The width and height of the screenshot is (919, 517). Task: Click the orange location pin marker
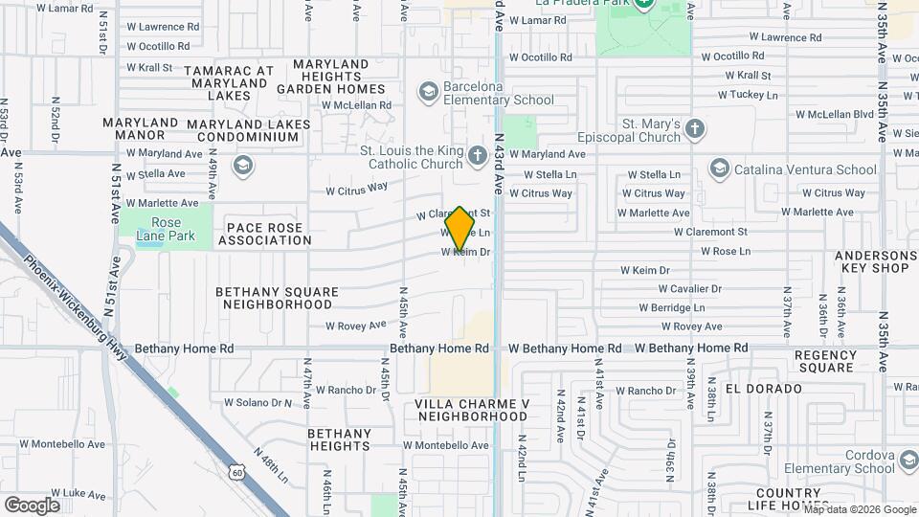pyautogui.click(x=460, y=228)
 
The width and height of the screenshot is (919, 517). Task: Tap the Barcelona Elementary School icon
pyautogui.click(x=428, y=90)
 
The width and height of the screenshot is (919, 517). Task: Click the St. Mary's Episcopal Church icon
pyautogui.click(x=696, y=128)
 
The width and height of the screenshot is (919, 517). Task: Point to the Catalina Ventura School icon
pyautogui.click(x=719, y=169)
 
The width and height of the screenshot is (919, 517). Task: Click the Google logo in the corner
pyautogui.click(x=32, y=505)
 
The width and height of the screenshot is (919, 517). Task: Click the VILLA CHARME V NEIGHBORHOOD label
pyautogui.click(x=472, y=410)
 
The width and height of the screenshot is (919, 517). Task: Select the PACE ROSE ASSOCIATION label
pyautogui.click(x=263, y=234)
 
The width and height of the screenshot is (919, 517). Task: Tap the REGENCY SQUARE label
pyautogui.click(x=825, y=361)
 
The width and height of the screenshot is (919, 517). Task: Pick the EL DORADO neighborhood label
pyautogui.click(x=763, y=389)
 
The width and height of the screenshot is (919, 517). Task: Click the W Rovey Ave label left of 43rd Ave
pyautogui.click(x=355, y=326)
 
